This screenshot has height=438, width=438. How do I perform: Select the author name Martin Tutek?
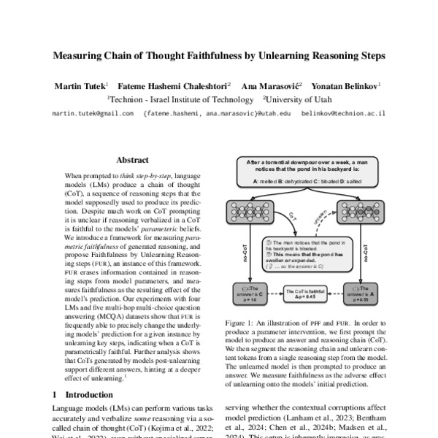pyautogui.click(x=80, y=85)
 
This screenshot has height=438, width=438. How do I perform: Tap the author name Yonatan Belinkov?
pyautogui.click(x=347, y=85)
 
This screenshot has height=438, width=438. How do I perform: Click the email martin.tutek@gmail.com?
pyautogui.click(x=93, y=114)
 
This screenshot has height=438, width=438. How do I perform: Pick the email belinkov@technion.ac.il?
pyautogui.click(x=342, y=114)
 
